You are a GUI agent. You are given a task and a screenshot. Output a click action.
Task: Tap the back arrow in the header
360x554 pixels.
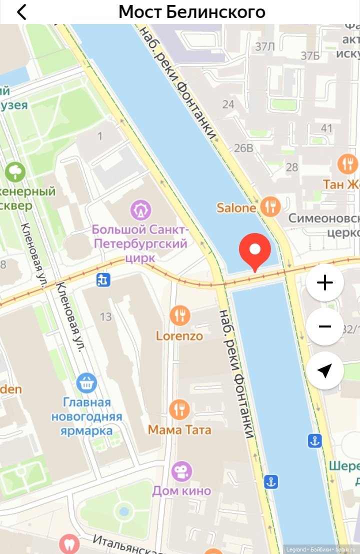point(21,11)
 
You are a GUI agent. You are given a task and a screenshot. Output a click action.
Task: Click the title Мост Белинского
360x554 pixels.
point(191,11)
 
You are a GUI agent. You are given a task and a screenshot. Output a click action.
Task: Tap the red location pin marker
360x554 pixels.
point(255,249)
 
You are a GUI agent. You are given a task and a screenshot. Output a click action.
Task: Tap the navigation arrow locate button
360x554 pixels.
point(325,370)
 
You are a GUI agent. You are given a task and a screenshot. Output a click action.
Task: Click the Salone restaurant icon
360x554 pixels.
point(270,206)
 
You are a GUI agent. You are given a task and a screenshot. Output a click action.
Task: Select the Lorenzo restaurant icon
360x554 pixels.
point(179,315)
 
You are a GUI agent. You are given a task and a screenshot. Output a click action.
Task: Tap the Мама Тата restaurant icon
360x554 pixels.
point(179,409)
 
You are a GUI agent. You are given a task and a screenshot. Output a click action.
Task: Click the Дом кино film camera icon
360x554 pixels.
point(181,471)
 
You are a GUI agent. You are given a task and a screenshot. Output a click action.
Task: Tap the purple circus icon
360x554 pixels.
point(141,210)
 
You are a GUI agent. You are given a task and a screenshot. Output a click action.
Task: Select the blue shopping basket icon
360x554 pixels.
point(86,383)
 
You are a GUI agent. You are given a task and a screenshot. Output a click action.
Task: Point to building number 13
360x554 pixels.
point(105,316)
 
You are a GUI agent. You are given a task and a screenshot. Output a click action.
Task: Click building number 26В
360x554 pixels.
point(243,148)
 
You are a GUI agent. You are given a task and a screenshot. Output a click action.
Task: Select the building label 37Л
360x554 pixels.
point(265,47)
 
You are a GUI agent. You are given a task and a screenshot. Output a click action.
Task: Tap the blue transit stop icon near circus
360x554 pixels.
point(103,280)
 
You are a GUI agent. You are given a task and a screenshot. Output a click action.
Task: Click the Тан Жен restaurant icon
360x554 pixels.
point(347,163)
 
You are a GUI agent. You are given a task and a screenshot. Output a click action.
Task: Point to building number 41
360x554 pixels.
point(326,128)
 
